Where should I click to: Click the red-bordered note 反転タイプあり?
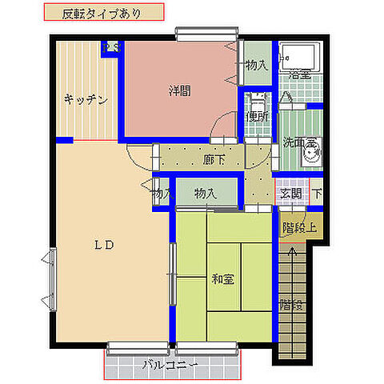[x=102, y=13]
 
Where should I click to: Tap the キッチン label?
[x=86, y=100]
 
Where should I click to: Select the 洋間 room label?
[x=179, y=91]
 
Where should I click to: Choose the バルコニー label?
[x=171, y=366]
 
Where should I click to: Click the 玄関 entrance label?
[x=290, y=193]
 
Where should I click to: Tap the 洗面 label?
[x=295, y=144]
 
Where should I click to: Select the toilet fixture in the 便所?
[x=258, y=101]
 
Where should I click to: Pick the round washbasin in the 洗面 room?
[x=313, y=151]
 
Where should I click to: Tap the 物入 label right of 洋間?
[x=256, y=65]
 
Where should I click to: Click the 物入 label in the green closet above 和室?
[x=206, y=193]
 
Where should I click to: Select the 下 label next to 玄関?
[x=318, y=193]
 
